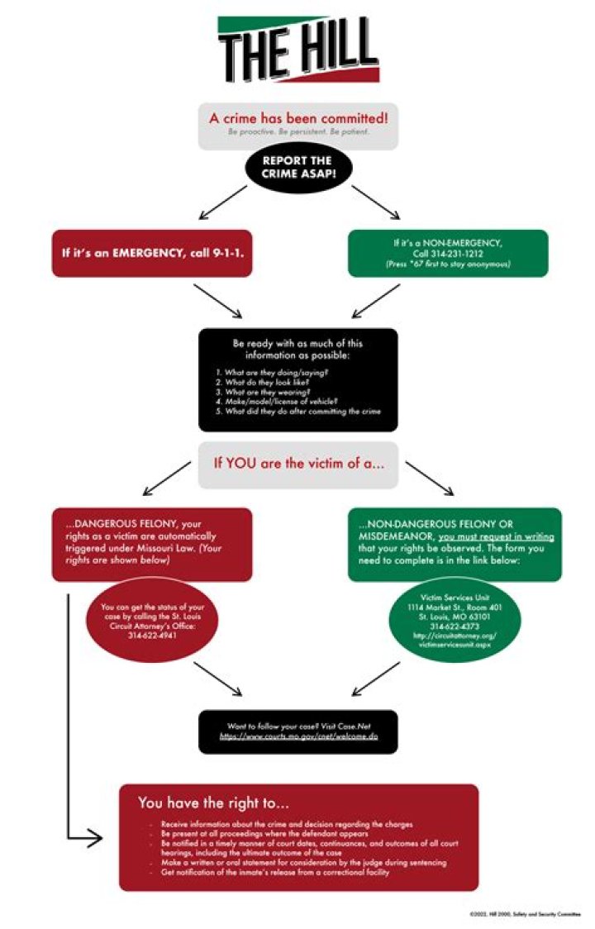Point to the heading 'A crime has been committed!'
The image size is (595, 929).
297,119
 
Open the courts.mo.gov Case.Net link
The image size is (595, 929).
297,735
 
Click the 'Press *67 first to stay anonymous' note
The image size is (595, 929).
448,264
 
